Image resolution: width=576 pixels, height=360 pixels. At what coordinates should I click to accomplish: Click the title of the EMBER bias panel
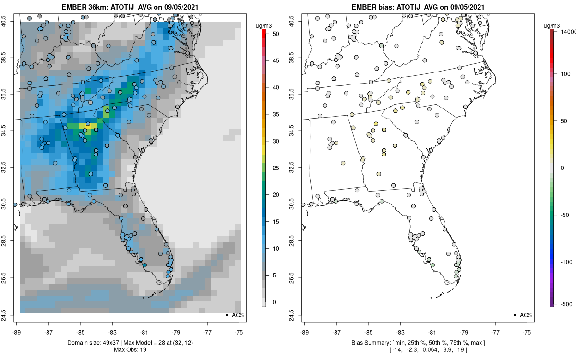(x=418, y=7)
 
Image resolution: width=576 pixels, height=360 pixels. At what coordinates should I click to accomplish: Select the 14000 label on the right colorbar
(x=567, y=31)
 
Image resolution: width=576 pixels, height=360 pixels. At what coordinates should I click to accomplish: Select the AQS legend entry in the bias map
(x=523, y=315)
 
